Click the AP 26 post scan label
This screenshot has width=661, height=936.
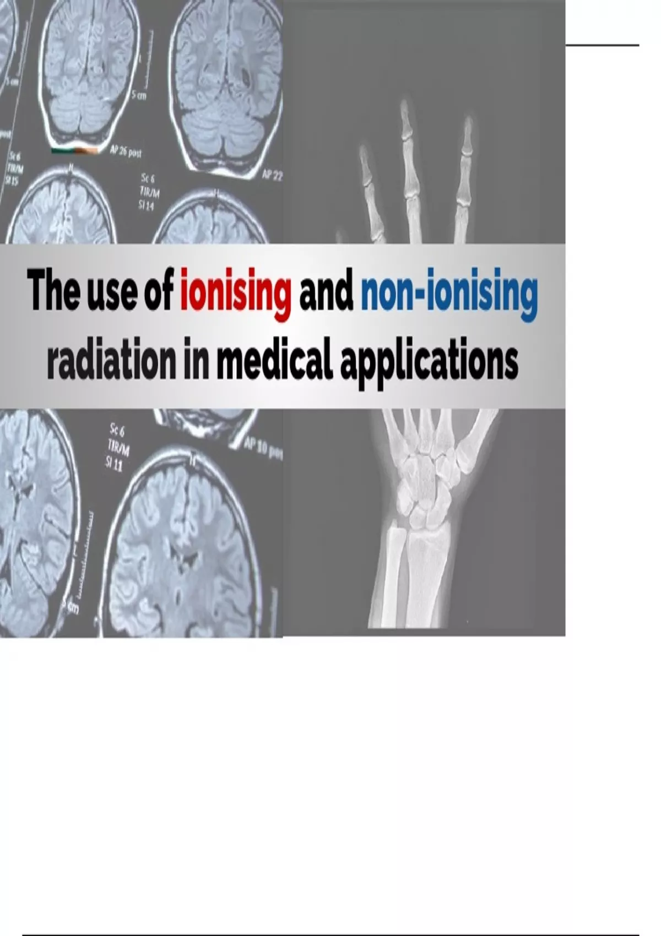pos(126,153)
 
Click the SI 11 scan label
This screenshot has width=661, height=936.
pos(115,465)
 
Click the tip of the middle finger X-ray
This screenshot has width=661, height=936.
pos(405,105)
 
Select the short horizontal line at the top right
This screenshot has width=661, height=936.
pos(602,45)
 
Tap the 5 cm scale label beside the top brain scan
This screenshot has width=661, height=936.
pos(139,96)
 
